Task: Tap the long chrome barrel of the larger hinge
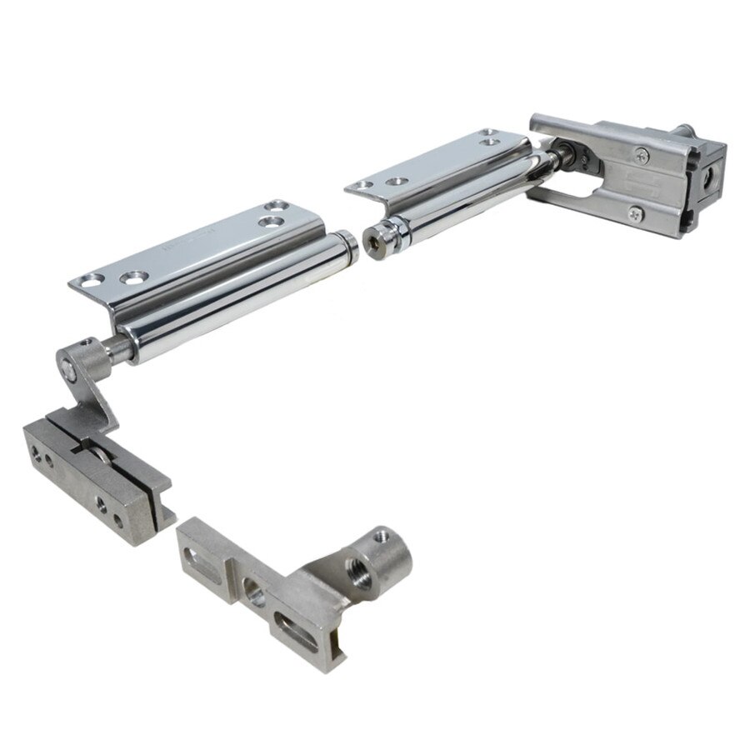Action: pos(242,287)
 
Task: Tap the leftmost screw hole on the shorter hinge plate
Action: pos(360,184)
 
